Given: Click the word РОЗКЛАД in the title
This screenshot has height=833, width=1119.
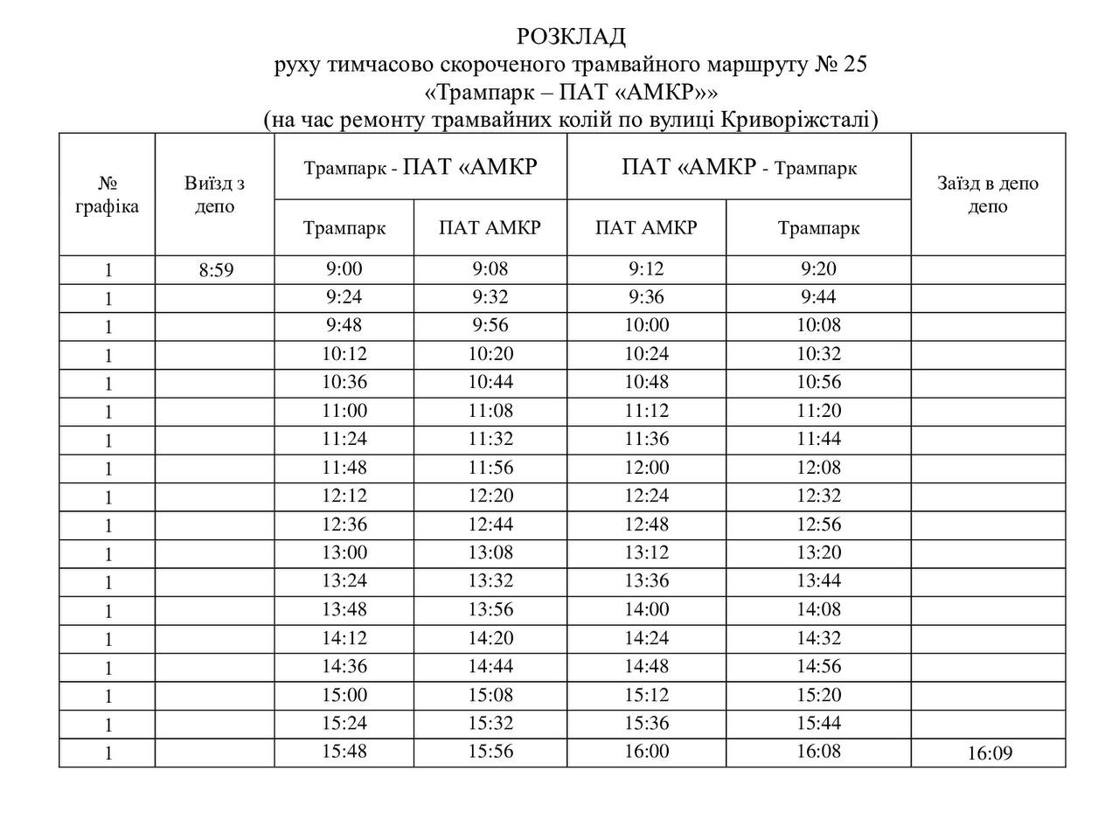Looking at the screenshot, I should pyautogui.click(x=572, y=37).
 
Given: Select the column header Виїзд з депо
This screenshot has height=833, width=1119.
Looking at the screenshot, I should pyautogui.click(x=214, y=195).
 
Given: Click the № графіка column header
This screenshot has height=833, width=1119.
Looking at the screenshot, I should pyautogui.click(x=108, y=195).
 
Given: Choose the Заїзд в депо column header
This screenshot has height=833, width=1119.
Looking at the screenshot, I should pyautogui.click(x=988, y=195).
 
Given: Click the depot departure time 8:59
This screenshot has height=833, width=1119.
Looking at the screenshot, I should pyautogui.click(x=216, y=270).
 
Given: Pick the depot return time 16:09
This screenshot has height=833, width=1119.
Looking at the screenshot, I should pyautogui.click(x=990, y=753).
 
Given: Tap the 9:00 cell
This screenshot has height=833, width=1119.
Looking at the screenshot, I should pyautogui.click(x=344, y=269).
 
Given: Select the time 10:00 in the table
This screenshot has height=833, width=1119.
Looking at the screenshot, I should pyautogui.click(x=647, y=326).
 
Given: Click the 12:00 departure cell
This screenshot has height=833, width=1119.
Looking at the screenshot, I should pyautogui.click(x=647, y=468).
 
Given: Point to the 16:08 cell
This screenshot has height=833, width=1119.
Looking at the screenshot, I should pyautogui.click(x=818, y=751).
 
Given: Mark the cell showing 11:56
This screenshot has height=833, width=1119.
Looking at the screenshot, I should pyautogui.click(x=490, y=468).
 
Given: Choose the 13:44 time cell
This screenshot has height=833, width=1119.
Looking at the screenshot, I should pyautogui.click(x=818, y=580).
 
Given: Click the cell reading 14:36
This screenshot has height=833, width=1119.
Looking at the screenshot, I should pyautogui.click(x=344, y=666).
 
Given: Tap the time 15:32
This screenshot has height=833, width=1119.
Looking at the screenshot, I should pyautogui.click(x=490, y=723).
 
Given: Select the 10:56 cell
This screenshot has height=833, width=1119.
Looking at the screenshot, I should pyautogui.click(x=818, y=382).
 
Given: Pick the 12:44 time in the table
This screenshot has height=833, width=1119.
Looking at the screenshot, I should pyautogui.click(x=490, y=524).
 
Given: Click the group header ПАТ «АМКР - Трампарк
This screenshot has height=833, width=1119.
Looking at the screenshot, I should pyautogui.click(x=739, y=167).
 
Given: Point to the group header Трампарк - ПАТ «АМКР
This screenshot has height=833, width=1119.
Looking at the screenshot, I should pyautogui.click(x=420, y=167).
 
